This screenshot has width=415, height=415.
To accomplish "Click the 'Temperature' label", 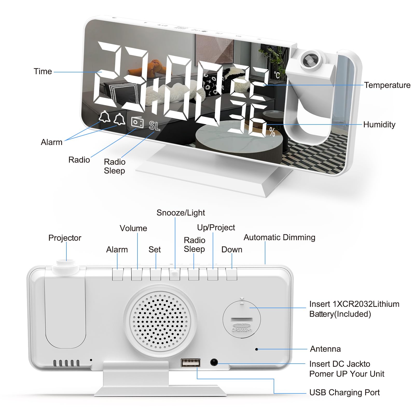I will (x=387, y=85).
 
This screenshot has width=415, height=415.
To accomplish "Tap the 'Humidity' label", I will (x=379, y=125).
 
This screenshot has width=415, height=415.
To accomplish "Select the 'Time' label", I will (x=43, y=71).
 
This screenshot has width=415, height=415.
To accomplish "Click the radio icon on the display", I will (x=137, y=122).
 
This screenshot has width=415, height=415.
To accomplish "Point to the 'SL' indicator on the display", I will (x=155, y=126).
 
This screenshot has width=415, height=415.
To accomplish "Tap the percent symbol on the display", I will (x=272, y=132).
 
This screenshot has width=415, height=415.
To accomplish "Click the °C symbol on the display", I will (x=277, y=75).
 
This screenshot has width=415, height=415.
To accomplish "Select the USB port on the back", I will (x=191, y=362).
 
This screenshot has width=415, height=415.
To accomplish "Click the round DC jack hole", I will (x=214, y=362).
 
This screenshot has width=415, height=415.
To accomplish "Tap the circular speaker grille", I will (x=160, y=321).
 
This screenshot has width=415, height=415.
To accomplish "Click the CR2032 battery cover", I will (x=241, y=319).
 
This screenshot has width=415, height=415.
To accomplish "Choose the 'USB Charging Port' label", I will (x=344, y=392).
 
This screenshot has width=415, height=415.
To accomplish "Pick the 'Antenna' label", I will (x=325, y=349).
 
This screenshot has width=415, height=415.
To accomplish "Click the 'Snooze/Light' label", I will (x=181, y=213).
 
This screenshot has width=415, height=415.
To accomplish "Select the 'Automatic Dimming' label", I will (x=279, y=237).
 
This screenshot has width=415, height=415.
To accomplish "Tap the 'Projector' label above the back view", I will (x=65, y=238).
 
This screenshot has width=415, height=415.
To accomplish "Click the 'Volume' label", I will (x=133, y=228).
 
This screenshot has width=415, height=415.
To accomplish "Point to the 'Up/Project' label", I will (x=216, y=227).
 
